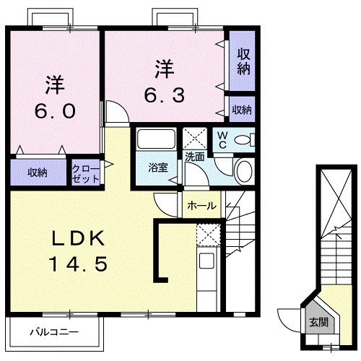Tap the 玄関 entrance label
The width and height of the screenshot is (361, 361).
[318, 321]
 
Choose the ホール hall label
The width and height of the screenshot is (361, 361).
[201, 205]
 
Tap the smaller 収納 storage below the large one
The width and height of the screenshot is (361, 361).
[241, 109]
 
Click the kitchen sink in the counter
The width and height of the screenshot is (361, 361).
[206, 261]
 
